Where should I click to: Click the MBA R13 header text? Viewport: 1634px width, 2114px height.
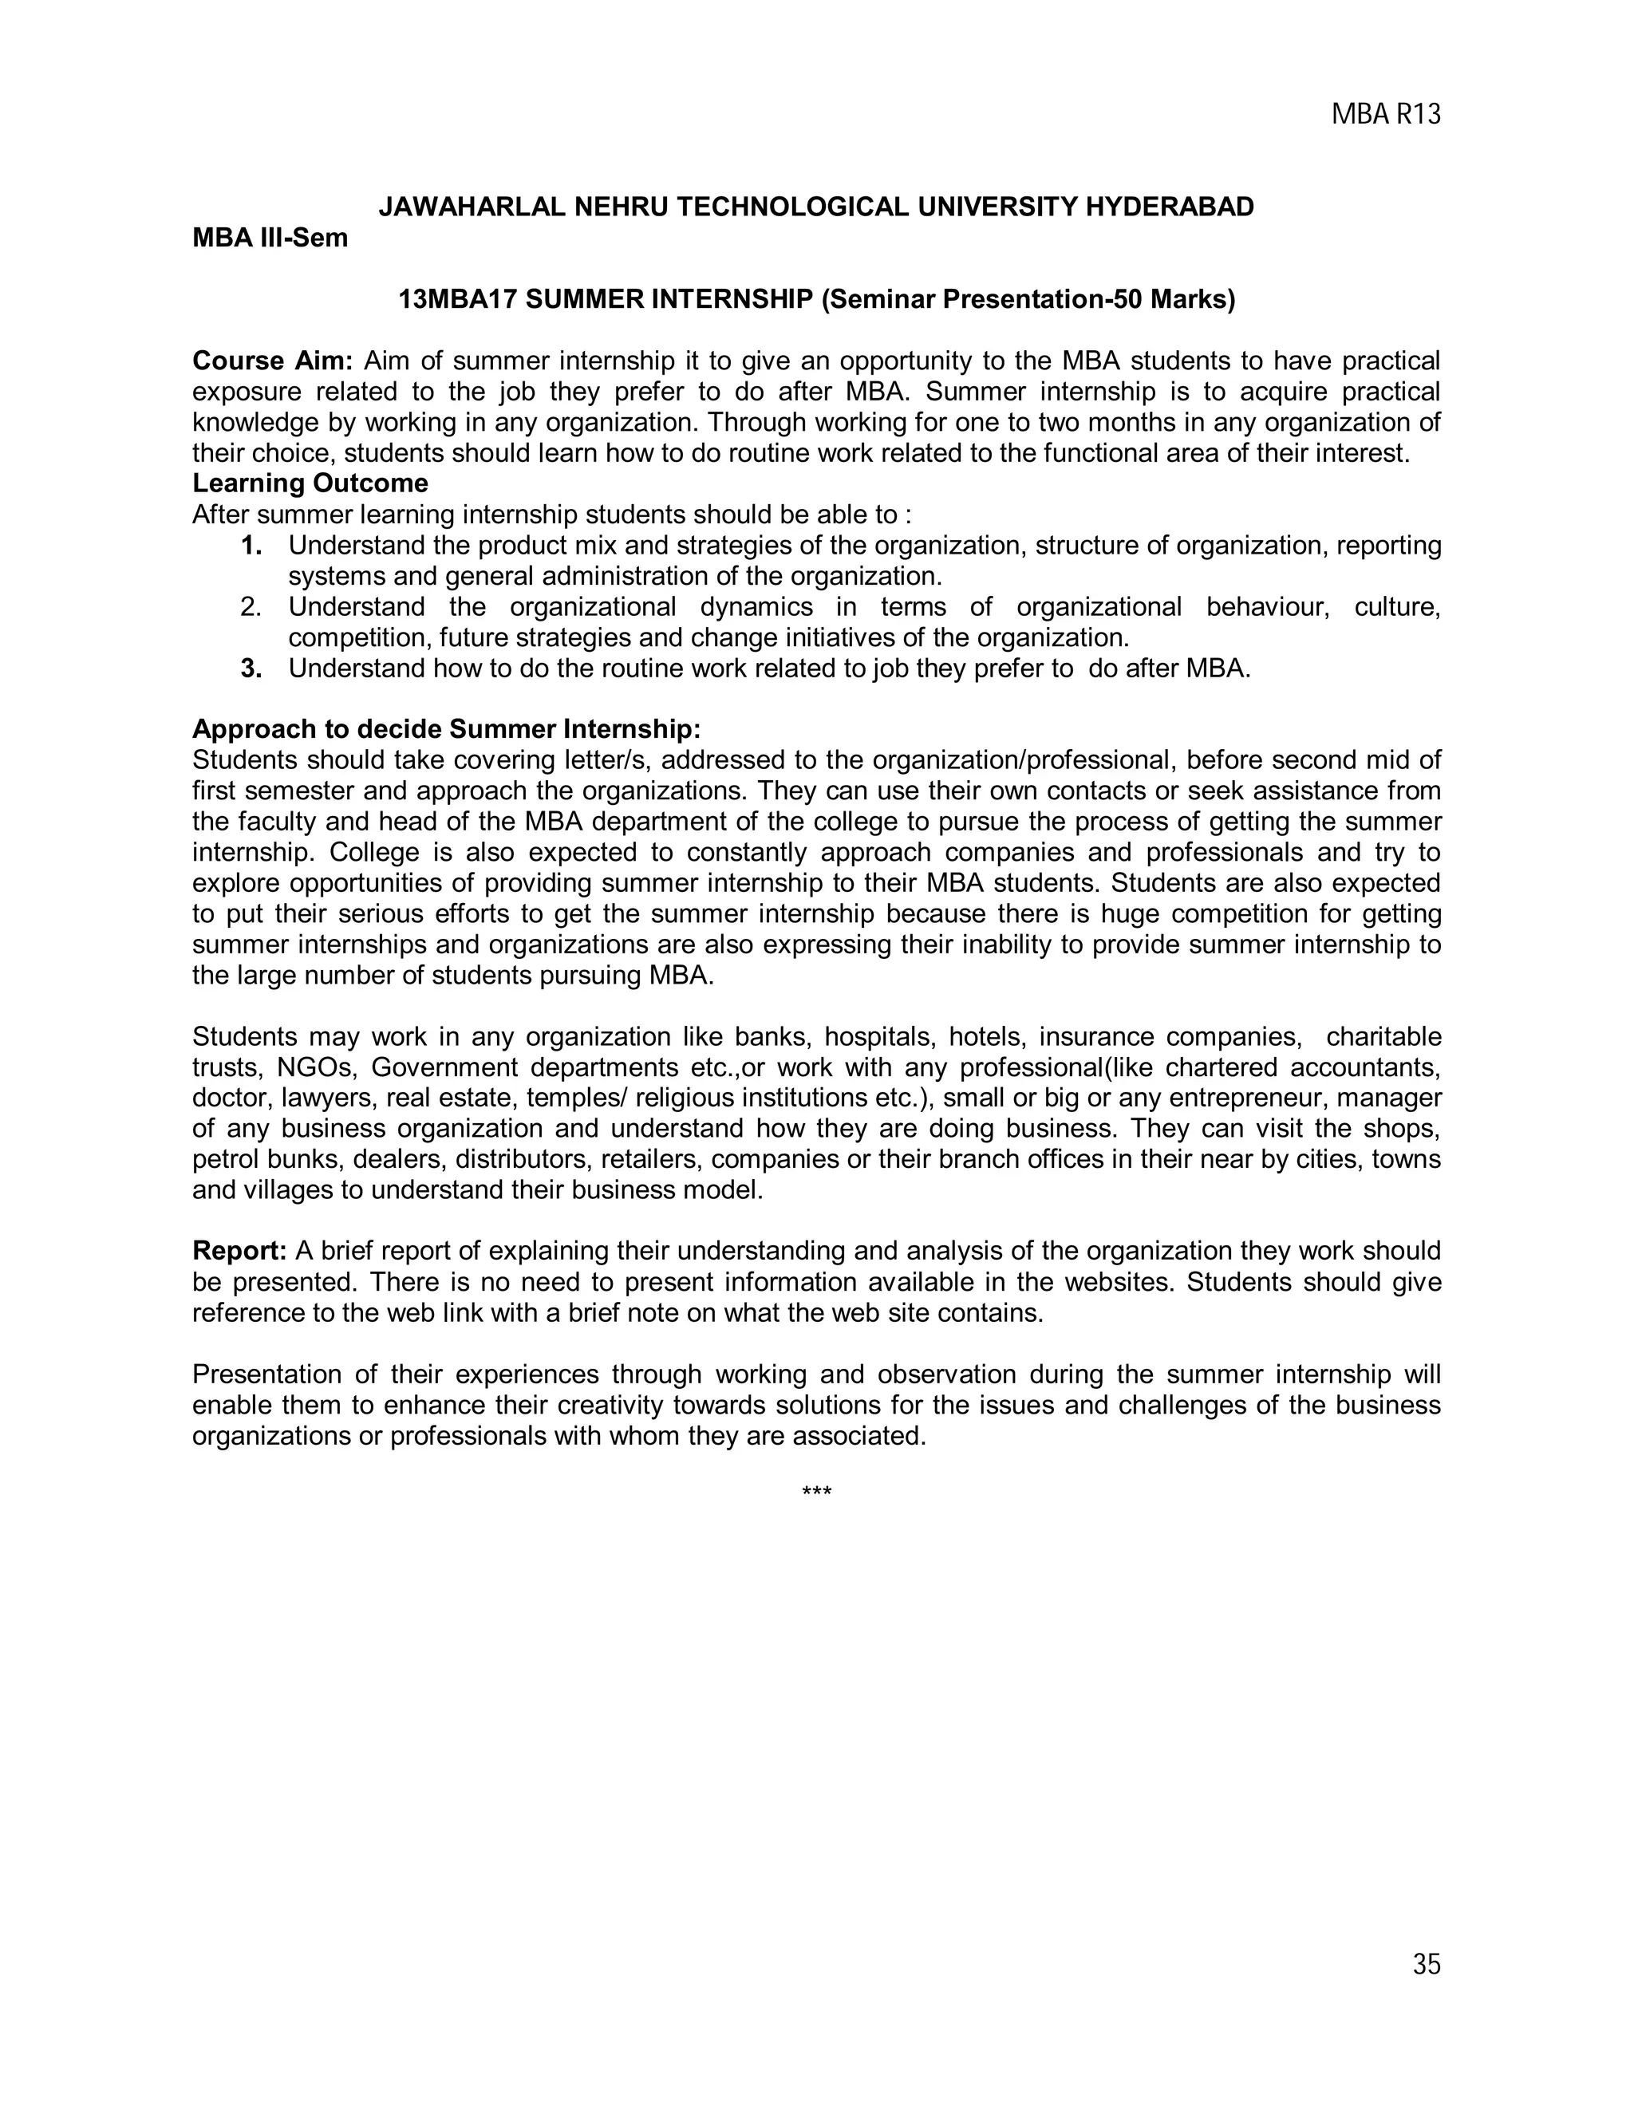click(1385, 115)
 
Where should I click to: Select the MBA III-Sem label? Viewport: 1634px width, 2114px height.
click(270, 238)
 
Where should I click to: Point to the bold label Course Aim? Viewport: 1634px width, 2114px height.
click(274, 361)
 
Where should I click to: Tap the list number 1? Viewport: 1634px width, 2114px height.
click(251, 546)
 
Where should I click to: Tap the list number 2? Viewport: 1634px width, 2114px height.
click(251, 608)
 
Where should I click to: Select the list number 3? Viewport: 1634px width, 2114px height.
click(251, 669)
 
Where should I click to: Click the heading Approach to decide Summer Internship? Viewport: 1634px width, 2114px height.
click(446, 729)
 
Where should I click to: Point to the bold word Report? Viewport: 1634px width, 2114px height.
click(239, 1252)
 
